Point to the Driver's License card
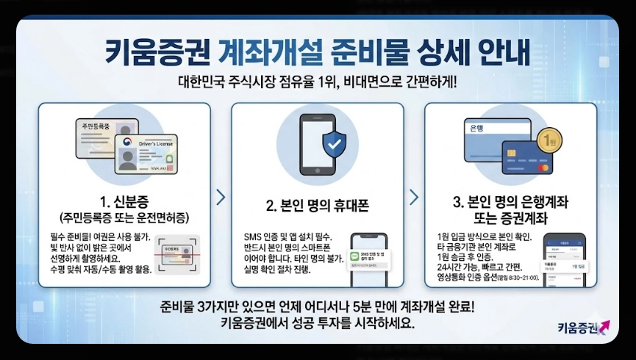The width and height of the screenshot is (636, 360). pos(146,154)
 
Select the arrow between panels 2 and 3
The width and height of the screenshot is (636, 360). pos(414,197)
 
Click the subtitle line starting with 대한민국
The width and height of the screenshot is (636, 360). pos(317,81)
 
